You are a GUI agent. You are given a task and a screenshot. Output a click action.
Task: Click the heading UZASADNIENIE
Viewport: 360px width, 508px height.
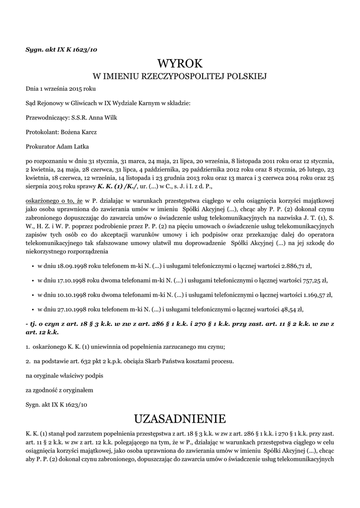click(x=180, y=418)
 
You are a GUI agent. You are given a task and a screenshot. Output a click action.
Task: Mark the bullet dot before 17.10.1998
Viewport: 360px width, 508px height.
click(x=32, y=280)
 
